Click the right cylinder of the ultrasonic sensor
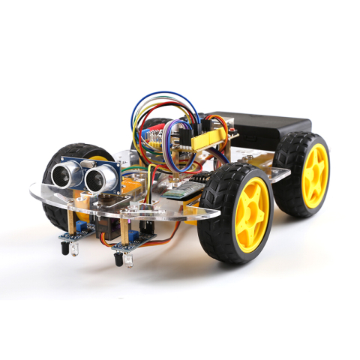coord(98,178)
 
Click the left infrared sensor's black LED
coord(64,245)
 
